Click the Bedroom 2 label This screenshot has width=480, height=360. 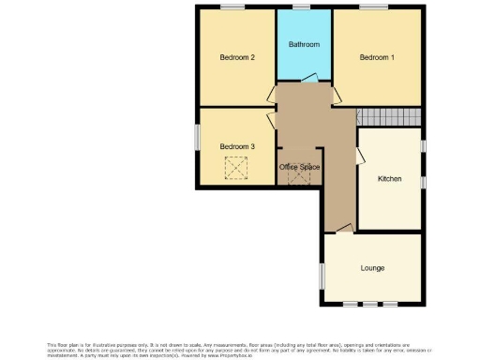(236, 57)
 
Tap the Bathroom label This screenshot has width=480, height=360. (304, 44)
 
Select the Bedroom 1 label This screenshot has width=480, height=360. (377, 57)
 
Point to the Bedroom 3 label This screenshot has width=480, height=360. (236, 146)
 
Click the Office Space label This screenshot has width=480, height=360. (300, 167)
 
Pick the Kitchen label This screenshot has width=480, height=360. (389, 178)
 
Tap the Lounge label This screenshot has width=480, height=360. (372, 268)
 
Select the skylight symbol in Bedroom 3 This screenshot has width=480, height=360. (233, 168)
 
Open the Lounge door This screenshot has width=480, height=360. (344, 229)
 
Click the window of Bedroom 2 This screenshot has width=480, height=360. (232, 7)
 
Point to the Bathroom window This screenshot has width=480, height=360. (302, 7)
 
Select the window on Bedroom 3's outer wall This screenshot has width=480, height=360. (197, 136)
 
